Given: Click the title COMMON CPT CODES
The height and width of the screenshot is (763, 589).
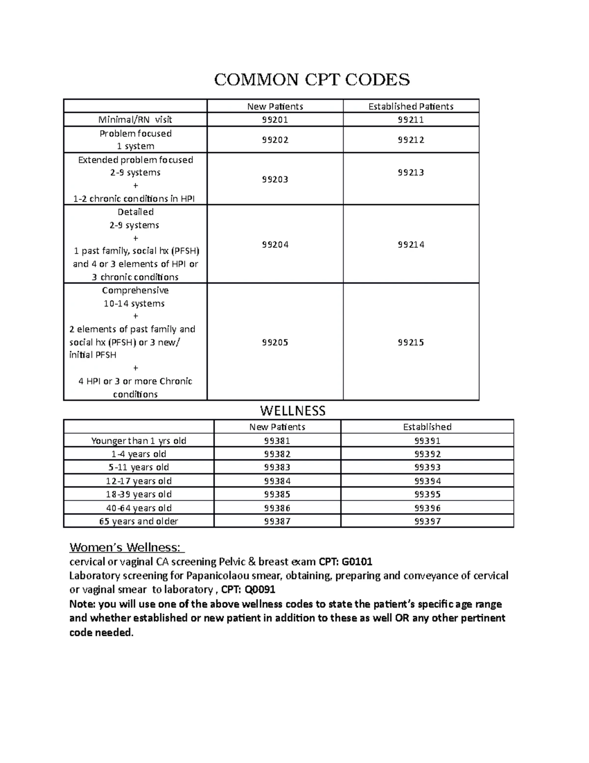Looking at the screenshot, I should pyautogui.click(x=312, y=79).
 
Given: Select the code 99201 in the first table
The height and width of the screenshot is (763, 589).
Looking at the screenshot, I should pyautogui.click(x=275, y=120).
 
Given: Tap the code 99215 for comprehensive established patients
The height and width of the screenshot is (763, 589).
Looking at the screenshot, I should pyautogui.click(x=411, y=342).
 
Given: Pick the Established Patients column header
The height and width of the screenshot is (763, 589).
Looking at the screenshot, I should pyautogui.click(x=411, y=107).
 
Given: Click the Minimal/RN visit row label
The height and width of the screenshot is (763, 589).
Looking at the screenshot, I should pyautogui.click(x=135, y=120).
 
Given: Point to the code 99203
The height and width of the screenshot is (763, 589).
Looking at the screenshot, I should pyautogui.click(x=275, y=179).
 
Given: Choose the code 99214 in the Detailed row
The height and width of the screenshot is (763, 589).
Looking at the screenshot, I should pyautogui.click(x=411, y=245).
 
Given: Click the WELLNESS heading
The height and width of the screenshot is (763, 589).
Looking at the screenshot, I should pyautogui.click(x=293, y=411).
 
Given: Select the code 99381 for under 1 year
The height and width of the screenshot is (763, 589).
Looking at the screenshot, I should pyautogui.click(x=277, y=441).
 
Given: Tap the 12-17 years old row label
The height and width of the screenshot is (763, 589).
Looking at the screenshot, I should pyautogui.click(x=138, y=481).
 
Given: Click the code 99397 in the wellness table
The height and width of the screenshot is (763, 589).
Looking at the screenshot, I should pyautogui.click(x=427, y=521).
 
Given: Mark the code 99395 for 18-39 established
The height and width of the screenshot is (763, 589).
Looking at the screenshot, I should pyautogui.click(x=427, y=494).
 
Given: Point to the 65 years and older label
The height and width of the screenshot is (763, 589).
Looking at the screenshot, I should pyautogui.click(x=138, y=521).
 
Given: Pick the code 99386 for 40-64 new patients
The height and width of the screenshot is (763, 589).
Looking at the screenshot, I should pyautogui.click(x=277, y=508).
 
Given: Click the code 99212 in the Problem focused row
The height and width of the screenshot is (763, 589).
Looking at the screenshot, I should pyautogui.click(x=411, y=140).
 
